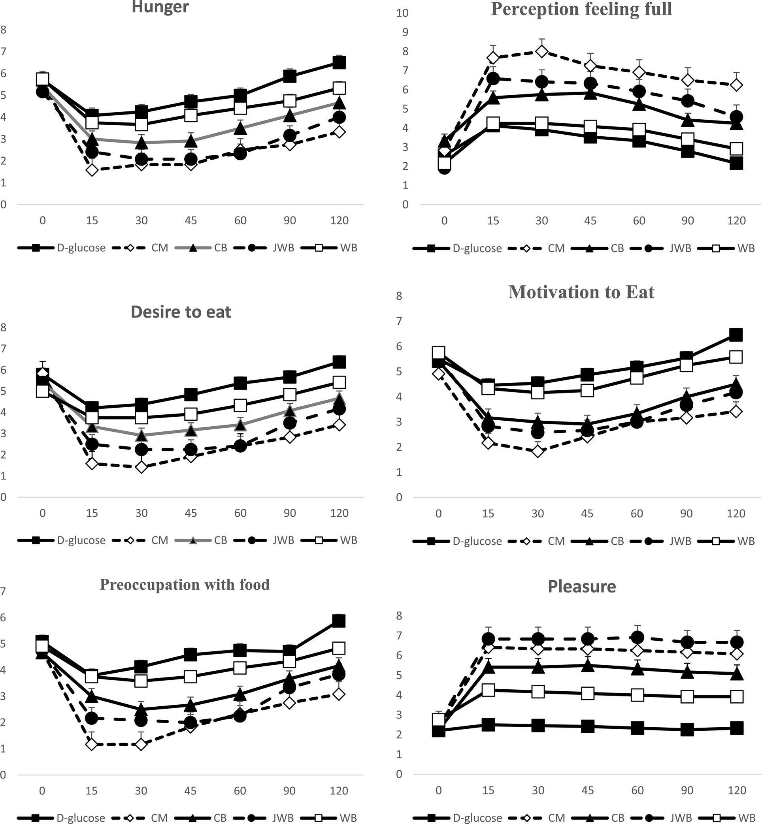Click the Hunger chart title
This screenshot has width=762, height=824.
point(160,8)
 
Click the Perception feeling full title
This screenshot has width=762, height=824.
point(581,9)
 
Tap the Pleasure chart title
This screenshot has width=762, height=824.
point(581,586)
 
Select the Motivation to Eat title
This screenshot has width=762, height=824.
point(581,292)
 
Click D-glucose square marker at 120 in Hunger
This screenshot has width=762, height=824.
point(339,63)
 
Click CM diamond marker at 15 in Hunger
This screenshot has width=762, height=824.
point(92,170)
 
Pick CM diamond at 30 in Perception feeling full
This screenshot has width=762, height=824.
point(542,51)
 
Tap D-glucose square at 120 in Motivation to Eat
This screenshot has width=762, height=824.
point(736,334)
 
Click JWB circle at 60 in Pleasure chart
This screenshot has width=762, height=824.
point(638,637)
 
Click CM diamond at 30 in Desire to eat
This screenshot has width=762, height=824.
point(141,467)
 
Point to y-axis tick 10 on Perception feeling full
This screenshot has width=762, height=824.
point(402,13)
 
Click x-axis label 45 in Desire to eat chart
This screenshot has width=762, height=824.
point(190,513)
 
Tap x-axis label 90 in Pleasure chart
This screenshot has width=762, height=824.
point(687,790)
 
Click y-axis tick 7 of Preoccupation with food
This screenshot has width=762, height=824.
point(3,591)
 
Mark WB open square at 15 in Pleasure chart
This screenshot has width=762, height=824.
point(488,690)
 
